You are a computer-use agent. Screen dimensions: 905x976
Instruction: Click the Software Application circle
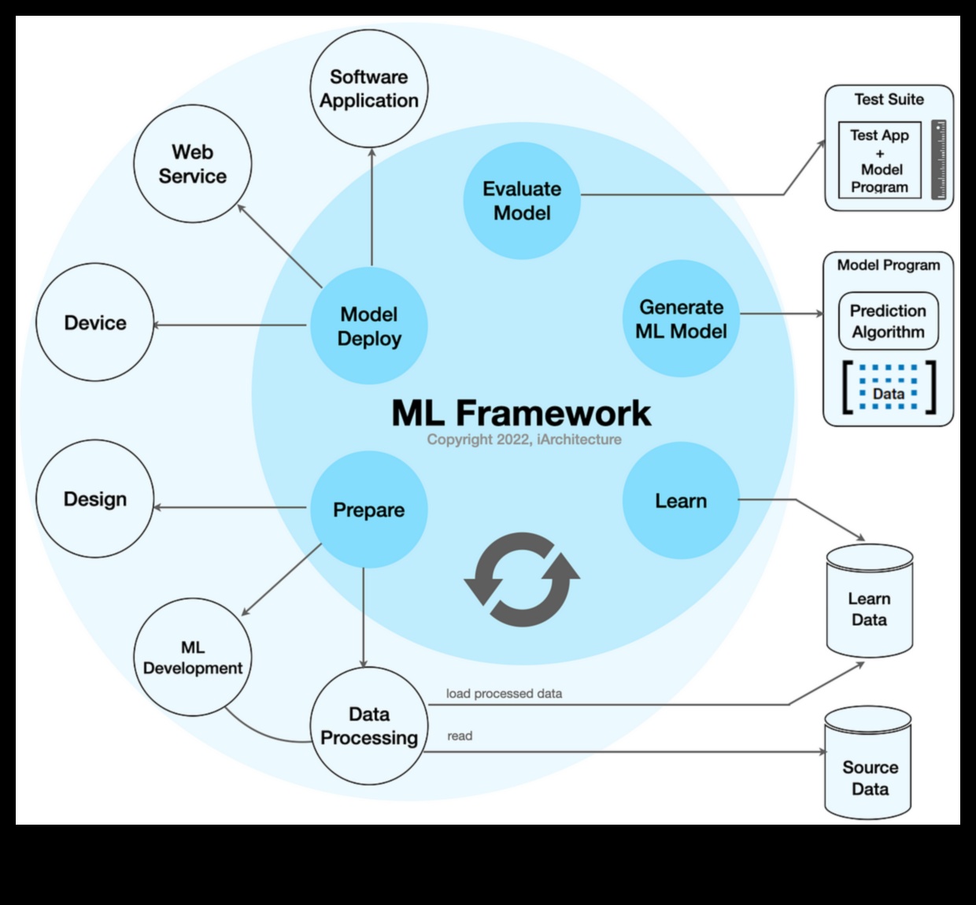pos(368,89)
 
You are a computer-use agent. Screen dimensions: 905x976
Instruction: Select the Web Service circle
pos(193,164)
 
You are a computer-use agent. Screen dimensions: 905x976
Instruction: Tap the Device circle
pos(95,323)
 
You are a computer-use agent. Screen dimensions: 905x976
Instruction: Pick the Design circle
pos(95,499)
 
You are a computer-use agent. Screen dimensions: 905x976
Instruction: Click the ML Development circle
pos(193,658)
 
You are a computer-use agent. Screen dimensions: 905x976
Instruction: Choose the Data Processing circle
pos(368,725)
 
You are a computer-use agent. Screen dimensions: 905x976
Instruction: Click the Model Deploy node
pos(368,326)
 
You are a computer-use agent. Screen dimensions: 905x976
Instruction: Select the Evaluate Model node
pos(522,201)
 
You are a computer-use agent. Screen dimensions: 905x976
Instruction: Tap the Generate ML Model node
pos(681,319)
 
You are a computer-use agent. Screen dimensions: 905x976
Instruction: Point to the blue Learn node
pos(681,501)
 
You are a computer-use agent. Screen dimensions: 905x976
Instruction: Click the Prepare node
pos(368,510)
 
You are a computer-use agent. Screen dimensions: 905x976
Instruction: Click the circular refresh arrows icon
pos(522,580)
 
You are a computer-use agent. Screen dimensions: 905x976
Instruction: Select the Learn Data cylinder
pos(869,603)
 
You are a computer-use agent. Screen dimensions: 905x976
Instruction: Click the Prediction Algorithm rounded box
pos(888,321)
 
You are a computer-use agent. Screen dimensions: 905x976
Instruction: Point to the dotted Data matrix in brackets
pos(888,388)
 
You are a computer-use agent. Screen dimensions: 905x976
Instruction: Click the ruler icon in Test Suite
pos(938,160)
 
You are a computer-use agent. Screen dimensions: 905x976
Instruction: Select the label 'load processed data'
pos(504,694)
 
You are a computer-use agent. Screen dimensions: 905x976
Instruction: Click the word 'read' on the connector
pos(460,736)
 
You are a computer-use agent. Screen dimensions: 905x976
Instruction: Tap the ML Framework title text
pos(521,414)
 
